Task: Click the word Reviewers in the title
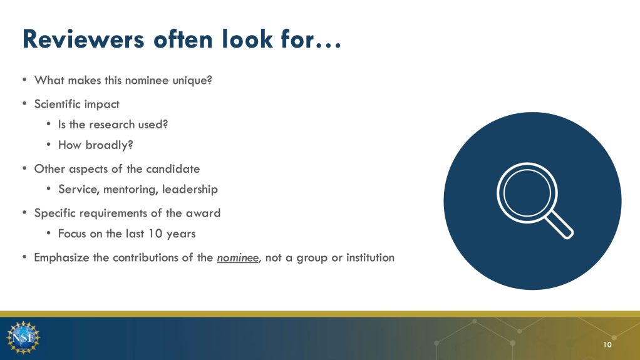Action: [x=83, y=39]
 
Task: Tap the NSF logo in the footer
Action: [x=23, y=337]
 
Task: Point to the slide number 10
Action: [x=607, y=345]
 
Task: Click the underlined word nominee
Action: [x=237, y=258]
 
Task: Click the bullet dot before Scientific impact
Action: [x=25, y=104]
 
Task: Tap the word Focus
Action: [x=70, y=234]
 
